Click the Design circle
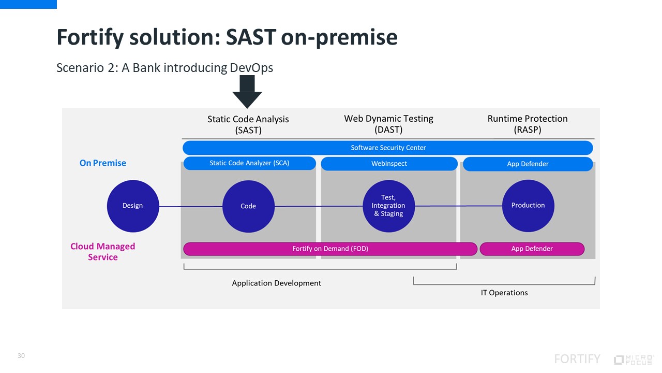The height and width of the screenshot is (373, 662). click(132, 206)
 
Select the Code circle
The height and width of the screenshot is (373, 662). click(248, 206)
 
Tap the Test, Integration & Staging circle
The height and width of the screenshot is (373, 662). click(388, 206)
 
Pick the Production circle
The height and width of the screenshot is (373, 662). click(528, 206)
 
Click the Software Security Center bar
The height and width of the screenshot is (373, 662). click(388, 148)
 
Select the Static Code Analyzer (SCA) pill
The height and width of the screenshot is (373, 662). click(249, 163)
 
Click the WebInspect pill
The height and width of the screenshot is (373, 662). click(389, 164)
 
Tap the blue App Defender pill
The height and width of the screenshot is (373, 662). click(528, 164)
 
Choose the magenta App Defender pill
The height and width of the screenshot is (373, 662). click(532, 249)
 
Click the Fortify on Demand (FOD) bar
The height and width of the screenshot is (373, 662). click(330, 249)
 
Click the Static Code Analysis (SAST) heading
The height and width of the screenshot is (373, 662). click(248, 124)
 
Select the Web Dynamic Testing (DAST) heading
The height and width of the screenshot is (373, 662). click(388, 124)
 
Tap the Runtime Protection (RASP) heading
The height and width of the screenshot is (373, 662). click(528, 124)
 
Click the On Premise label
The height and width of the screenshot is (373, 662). click(102, 163)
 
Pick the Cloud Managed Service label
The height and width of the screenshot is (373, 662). click(102, 252)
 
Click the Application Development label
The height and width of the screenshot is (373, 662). click(276, 283)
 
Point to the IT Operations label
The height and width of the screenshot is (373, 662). click(504, 293)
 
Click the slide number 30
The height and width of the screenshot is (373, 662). click(21, 356)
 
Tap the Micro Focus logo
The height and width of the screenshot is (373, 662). click(634, 360)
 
